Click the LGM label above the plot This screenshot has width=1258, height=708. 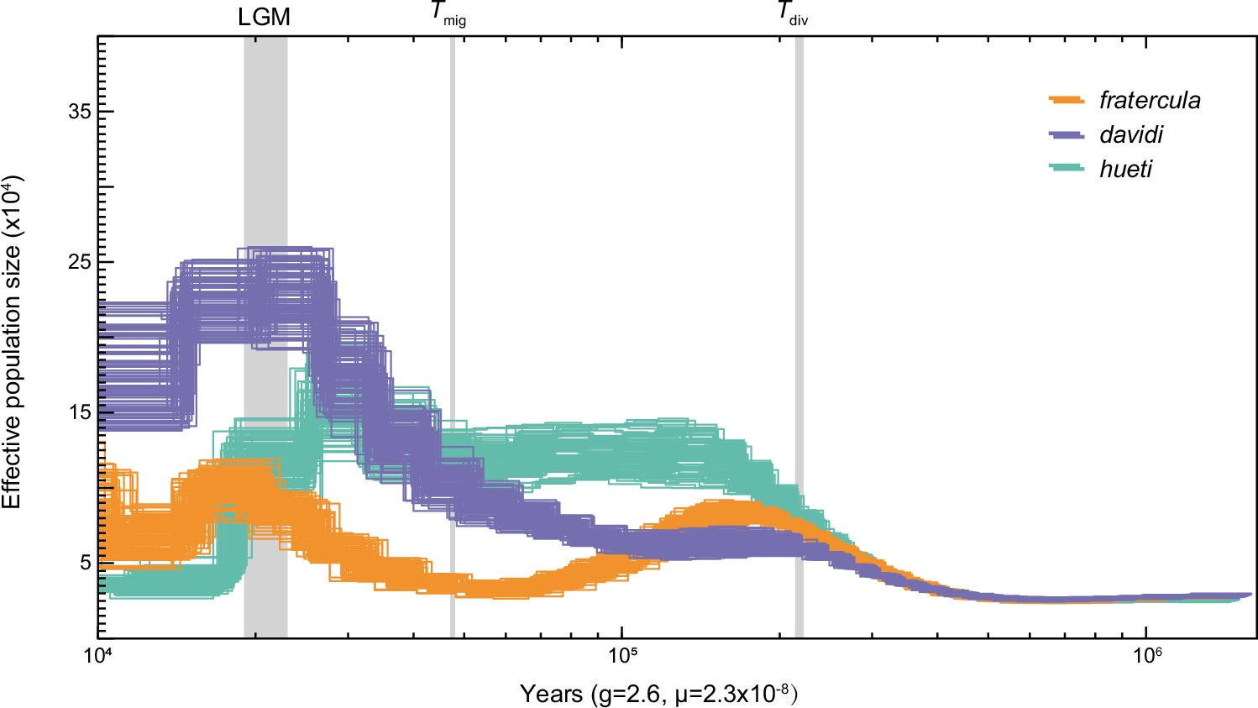(265, 18)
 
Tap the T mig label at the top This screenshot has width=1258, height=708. (448, 14)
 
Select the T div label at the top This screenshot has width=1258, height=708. (792, 14)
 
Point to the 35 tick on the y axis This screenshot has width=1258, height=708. (79, 112)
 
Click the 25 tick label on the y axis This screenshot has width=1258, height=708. (79, 261)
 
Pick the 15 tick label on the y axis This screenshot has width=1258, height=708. (79, 412)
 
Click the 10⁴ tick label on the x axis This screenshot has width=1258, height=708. (98, 655)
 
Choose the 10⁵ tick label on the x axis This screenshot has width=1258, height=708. (621, 655)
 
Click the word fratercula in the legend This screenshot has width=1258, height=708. (1150, 101)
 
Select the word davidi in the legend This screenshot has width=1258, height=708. (1131, 135)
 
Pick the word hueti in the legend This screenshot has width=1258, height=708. (1125, 169)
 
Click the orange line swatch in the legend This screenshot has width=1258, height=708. (1067, 101)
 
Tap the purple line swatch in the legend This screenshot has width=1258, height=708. (1067, 135)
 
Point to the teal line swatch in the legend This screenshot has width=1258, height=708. (1067, 169)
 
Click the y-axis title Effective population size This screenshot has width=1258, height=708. (12, 341)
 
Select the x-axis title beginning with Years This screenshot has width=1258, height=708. (658, 694)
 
